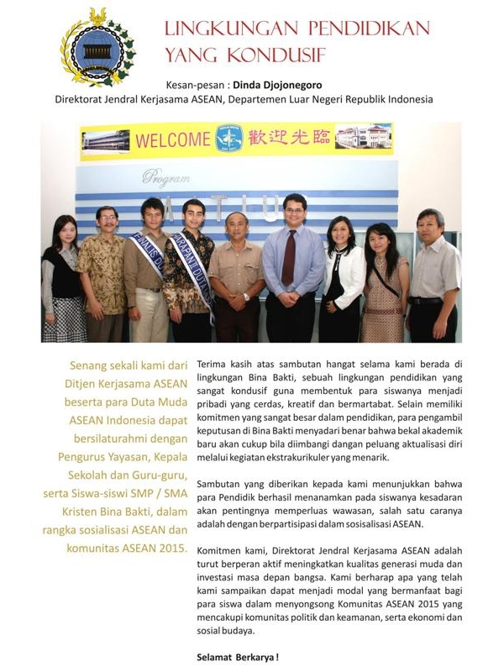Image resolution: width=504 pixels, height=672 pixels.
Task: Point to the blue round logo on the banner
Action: point(228,139)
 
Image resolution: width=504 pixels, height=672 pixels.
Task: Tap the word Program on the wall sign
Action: point(165,177)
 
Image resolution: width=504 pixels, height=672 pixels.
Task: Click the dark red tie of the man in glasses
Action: point(289,257)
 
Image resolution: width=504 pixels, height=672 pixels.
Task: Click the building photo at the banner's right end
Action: point(363,136)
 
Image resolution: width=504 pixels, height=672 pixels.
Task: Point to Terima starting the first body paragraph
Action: point(213,365)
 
